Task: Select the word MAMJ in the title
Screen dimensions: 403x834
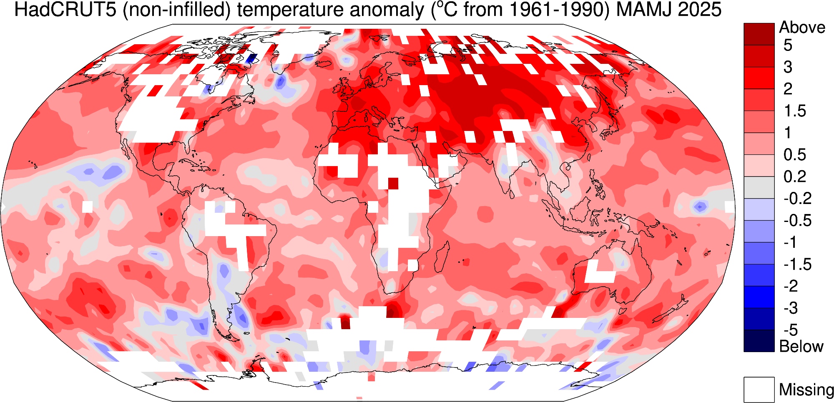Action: click(638, 10)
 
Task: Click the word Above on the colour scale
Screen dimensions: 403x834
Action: click(802, 28)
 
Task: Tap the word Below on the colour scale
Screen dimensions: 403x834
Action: click(801, 346)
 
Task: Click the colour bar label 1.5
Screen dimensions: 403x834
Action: click(795, 111)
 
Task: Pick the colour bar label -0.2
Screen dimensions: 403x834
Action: click(797, 199)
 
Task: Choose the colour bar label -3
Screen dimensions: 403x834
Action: click(791, 308)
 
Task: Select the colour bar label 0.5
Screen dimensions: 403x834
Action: click(795, 155)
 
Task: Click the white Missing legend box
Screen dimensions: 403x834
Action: click(759, 390)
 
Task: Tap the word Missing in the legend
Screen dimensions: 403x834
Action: click(806, 390)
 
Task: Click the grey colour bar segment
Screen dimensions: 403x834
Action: click(759, 187)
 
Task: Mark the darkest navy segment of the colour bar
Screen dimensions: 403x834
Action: click(759, 341)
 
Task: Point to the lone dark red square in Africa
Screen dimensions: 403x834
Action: click(393, 183)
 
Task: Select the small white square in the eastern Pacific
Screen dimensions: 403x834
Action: click(87, 207)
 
